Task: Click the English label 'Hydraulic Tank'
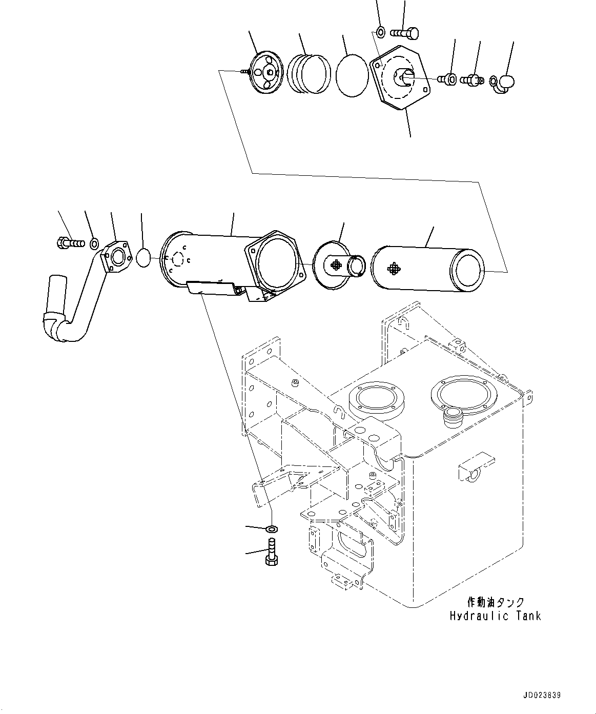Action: point(495,616)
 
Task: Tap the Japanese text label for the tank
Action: point(495,602)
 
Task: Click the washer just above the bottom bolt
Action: point(271,528)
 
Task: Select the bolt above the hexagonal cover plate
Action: point(405,33)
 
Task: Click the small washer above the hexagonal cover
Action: point(380,33)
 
